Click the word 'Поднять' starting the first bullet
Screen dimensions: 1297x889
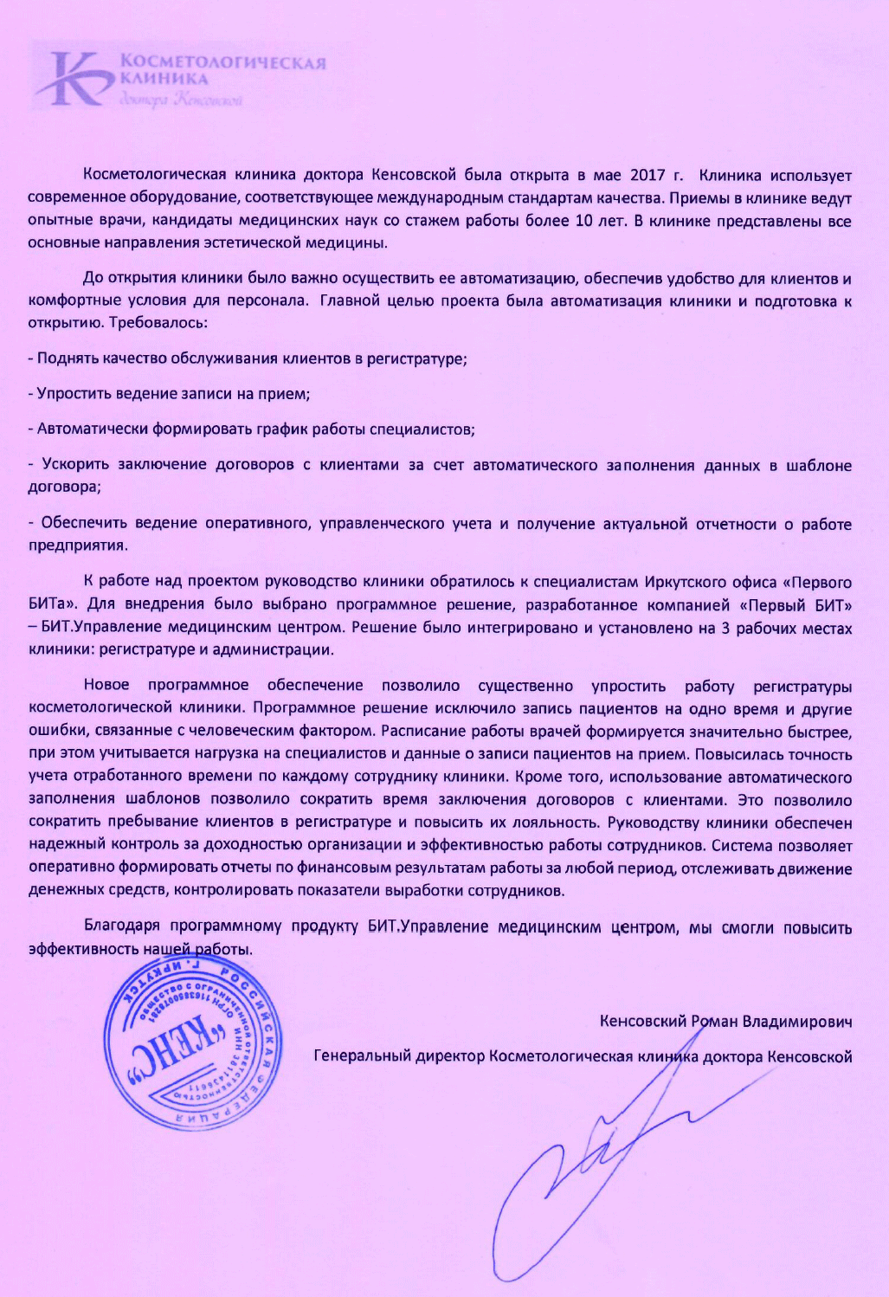tap(68, 358)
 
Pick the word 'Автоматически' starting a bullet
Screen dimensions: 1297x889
tap(93, 429)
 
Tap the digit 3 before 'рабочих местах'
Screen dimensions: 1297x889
tap(725, 627)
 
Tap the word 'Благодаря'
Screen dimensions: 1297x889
tap(122, 926)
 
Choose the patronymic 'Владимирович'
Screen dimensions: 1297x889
tap(798, 1022)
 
